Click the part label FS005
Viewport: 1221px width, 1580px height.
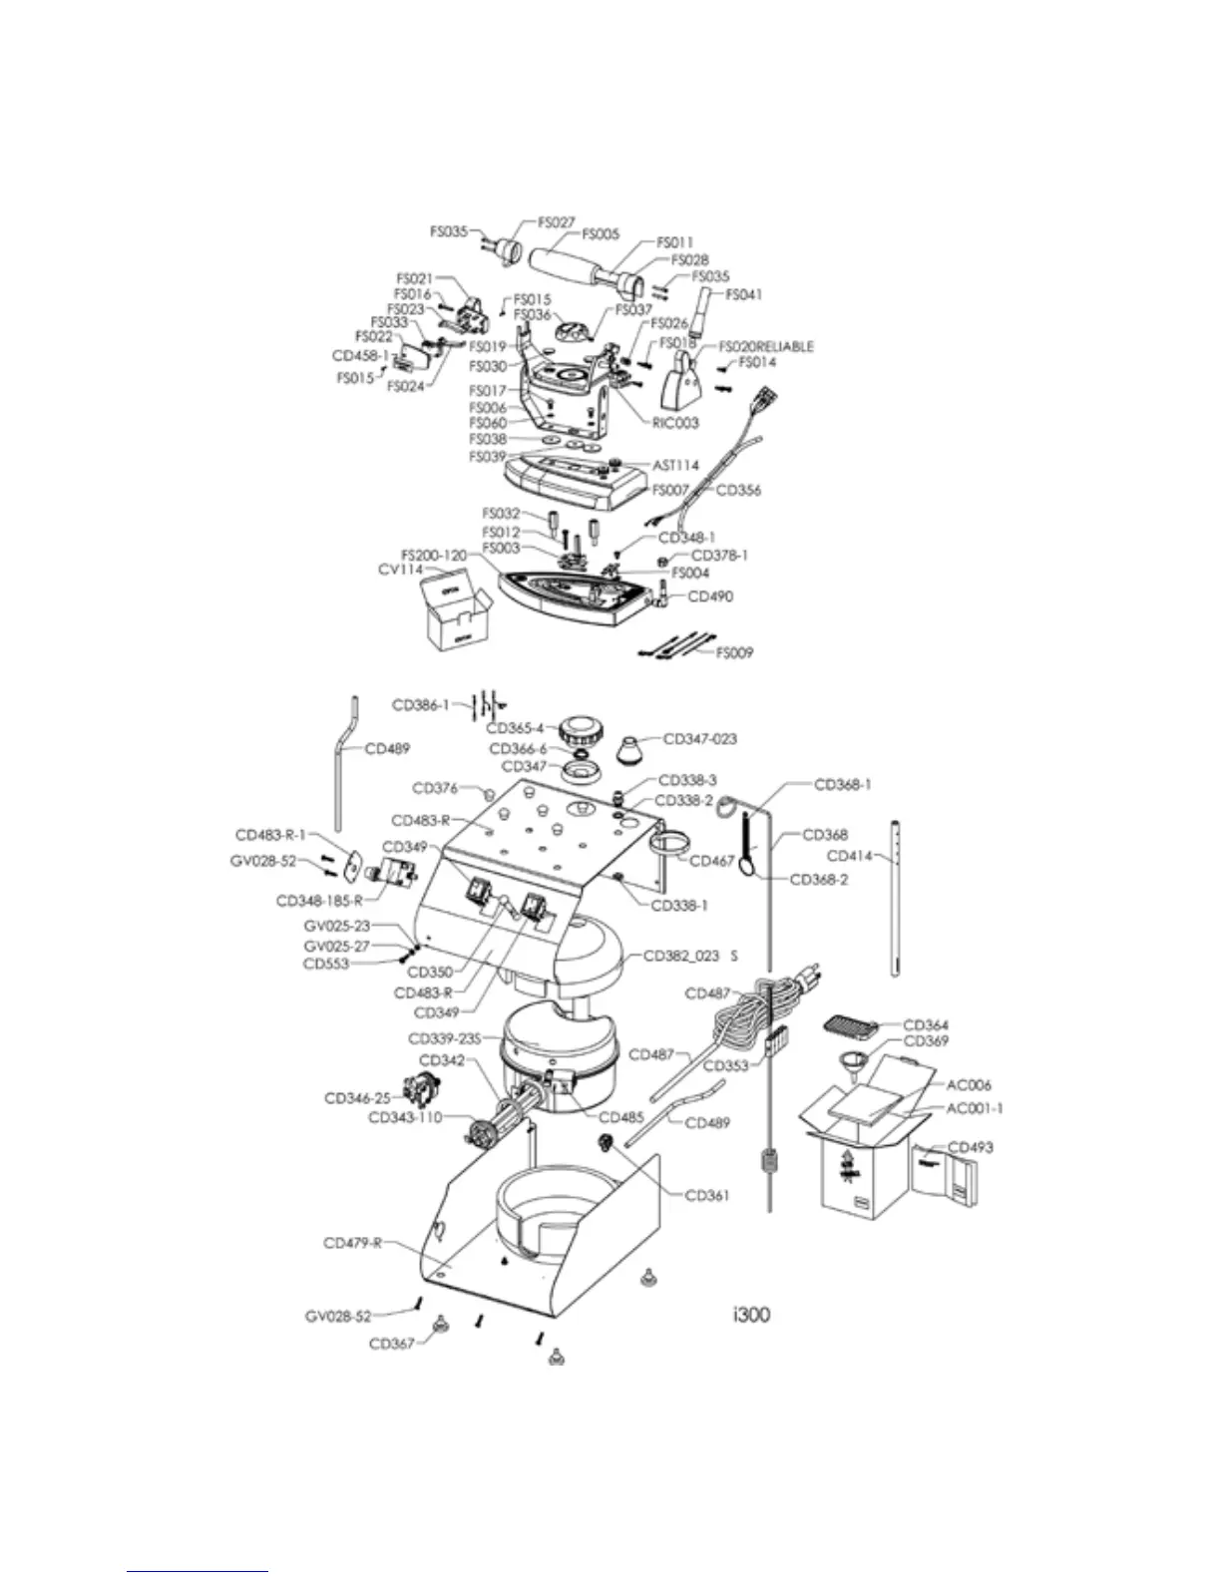(601, 234)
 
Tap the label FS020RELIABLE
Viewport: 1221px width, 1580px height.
(766, 347)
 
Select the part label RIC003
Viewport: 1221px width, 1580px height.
(675, 423)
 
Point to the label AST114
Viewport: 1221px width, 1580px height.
(675, 466)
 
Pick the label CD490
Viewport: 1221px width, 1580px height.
(710, 596)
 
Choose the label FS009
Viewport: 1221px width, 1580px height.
(734, 653)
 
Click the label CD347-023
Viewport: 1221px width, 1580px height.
(700, 739)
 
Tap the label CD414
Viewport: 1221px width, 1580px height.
(850, 856)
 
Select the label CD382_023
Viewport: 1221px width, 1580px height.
(681, 956)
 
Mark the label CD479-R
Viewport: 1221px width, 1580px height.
(353, 1243)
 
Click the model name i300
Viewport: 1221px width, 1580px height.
(749, 1314)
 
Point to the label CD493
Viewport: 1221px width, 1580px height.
(970, 1147)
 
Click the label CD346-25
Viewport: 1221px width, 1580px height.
(357, 1098)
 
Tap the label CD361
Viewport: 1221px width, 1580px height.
(707, 1195)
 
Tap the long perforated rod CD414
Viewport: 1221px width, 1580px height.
(896, 898)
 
